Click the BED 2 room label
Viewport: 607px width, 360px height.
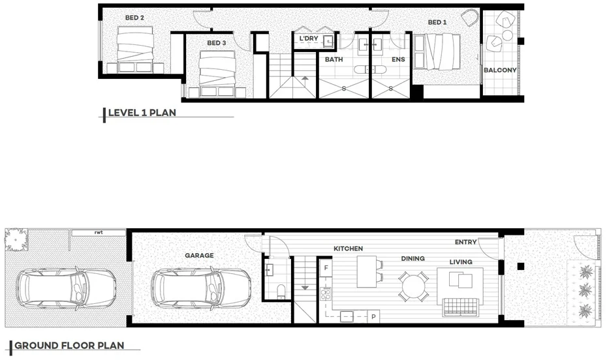(x=133, y=18)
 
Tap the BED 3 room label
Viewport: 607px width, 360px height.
(x=217, y=43)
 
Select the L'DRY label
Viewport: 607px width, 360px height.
(x=308, y=40)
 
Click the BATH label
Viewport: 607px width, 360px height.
(x=334, y=59)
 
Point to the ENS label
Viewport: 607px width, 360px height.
(x=397, y=59)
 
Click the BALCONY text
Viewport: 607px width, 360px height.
(x=500, y=70)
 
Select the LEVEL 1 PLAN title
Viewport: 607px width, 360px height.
(x=142, y=112)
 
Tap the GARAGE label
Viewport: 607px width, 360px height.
(x=198, y=256)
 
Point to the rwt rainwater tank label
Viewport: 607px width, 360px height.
(x=99, y=232)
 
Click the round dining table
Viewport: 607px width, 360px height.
(x=413, y=285)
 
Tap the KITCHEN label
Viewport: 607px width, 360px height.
(x=348, y=248)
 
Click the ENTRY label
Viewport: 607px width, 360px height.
(x=465, y=243)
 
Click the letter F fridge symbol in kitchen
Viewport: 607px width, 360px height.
(x=324, y=267)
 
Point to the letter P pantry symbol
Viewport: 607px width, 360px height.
(x=373, y=317)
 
